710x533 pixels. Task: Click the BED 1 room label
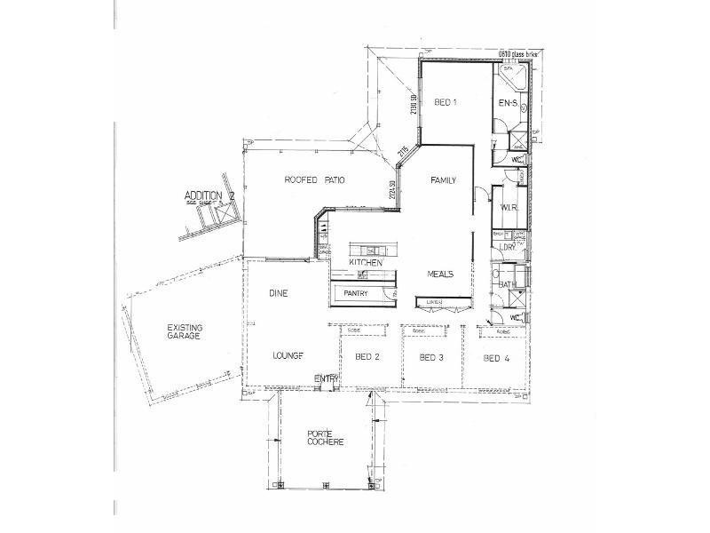tap(446, 102)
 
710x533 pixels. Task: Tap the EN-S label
tap(507, 104)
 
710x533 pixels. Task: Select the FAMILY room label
tap(443, 180)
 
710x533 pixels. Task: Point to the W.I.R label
tap(509, 208)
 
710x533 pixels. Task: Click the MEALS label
tap(440, 274)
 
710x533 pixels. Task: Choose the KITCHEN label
tap(366, 263)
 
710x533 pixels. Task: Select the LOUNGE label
tap(288, 355)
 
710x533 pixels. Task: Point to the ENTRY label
tap(326, 379)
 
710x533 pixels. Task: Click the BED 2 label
tap(367, 357)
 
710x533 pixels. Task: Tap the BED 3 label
tap(431, 357)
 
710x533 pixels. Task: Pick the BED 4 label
tap(496, 358)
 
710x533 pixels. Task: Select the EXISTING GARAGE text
tap(184, 332)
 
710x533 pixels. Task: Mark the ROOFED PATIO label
tap(314, 180)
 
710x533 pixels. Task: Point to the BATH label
tap(507, 284)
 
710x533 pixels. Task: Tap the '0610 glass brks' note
tap(518, 53)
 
